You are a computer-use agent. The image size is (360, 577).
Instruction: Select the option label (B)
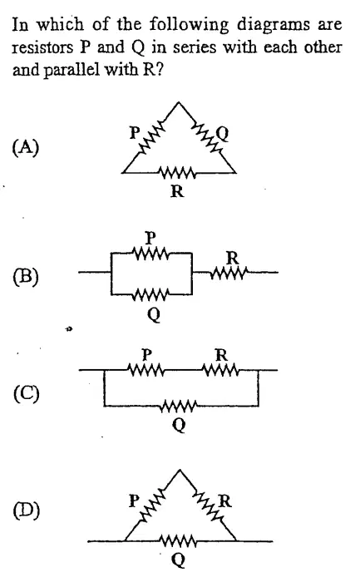[26, 277]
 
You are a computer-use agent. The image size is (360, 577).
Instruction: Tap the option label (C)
[26, 393]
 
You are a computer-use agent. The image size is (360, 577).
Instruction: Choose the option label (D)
[26, 510]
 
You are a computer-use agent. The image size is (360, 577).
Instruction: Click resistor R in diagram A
[177, 173]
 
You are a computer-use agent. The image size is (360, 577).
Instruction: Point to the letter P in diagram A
[135, 132]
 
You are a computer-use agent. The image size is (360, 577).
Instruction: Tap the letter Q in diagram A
[223, 134]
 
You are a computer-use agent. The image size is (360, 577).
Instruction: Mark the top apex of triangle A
[179, 102]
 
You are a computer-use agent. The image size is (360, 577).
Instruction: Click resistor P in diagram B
[151, 254]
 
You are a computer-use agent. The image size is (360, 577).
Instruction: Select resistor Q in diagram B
[151, 294]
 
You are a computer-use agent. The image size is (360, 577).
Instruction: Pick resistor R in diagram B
[228, 273]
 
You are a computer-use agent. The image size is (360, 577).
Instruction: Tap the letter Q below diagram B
[154, 315]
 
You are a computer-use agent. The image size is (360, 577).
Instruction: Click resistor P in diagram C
[146, 370]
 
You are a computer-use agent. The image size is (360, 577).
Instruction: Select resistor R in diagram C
[221, 370]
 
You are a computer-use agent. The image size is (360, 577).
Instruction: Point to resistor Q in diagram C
[179, 406]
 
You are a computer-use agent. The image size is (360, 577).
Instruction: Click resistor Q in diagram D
[179, 541]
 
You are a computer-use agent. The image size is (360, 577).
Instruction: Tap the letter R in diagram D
[225, 501]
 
